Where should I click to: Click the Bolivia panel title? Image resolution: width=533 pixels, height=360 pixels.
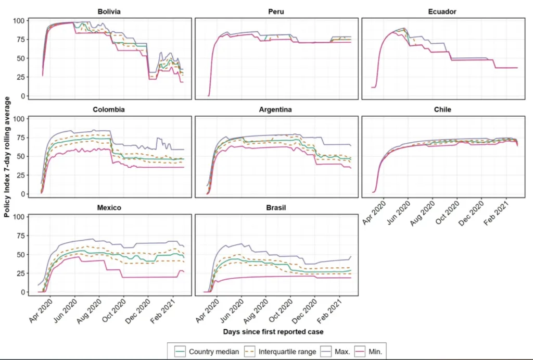coord(109,11)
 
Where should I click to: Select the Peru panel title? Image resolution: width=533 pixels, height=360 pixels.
coord(276,11)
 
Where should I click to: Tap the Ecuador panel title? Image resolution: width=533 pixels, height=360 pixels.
coord(443,11)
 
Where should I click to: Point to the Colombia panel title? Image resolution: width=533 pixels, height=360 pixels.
coord(109,109)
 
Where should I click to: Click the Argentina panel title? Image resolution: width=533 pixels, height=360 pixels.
coord(276,109)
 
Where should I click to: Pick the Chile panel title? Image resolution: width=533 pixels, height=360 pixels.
coord(443,109)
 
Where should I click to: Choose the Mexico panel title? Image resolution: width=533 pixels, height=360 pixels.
coord(109,207)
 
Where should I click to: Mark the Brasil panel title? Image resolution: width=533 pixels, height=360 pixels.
coord(276,207)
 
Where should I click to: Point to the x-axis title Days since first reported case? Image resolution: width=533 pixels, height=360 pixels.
coord(276,331)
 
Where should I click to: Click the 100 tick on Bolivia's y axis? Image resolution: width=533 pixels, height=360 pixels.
coord(19,21)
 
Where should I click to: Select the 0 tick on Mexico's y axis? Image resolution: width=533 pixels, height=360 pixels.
coord(23,292)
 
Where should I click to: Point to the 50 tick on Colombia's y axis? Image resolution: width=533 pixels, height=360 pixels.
coord(21,156)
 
